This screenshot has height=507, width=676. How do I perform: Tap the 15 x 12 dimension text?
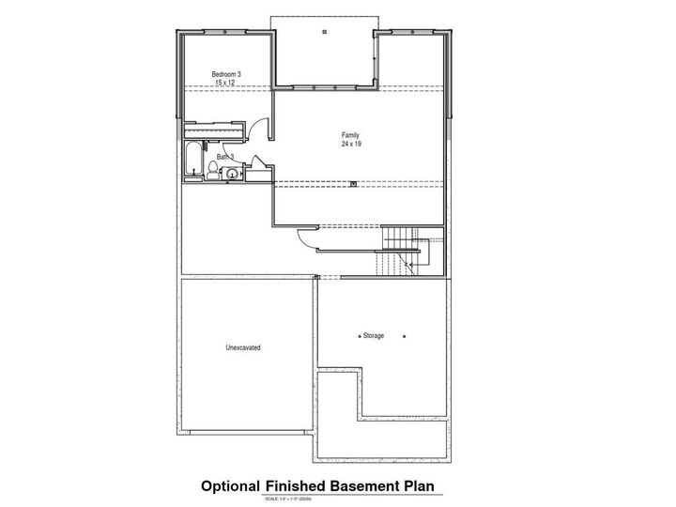point(223,83)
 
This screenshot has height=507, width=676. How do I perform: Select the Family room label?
point(351,135)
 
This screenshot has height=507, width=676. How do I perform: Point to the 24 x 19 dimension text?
point(351,145)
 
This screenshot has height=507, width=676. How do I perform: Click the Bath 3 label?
point(225,157)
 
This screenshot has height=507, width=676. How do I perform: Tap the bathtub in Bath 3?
point(194,160)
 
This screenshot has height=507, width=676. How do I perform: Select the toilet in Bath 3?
point(214,170)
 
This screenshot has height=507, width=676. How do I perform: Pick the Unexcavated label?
point(242,347)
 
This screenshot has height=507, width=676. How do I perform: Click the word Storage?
point(373,336)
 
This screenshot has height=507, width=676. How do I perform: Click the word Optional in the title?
point(231,486)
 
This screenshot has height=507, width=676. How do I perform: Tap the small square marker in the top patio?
point(324,33)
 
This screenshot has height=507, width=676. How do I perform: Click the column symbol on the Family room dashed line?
point(352,183)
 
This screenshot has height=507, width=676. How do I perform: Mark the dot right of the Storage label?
point(405,336)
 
